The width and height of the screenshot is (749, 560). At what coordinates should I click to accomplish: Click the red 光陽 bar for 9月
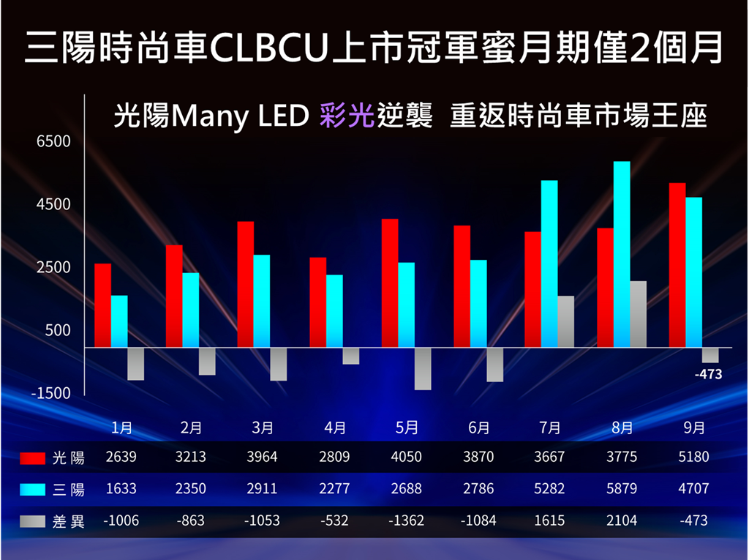tap(677, 265)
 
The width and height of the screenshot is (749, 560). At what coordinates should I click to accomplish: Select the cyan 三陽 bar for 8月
tap(622, 254)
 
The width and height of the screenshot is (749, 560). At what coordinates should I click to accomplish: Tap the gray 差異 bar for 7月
tap(565, 321)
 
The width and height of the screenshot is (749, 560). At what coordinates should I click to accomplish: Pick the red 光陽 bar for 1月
tap(103, 305)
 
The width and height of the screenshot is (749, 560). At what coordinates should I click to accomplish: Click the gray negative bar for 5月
tap(423, 368)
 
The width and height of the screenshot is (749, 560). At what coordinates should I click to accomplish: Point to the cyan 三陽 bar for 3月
tap(261, 301)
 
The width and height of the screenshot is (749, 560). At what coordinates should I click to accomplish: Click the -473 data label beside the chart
tap(708, 374)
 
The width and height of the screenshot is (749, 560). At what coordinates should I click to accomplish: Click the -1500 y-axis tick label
tap(51, 393)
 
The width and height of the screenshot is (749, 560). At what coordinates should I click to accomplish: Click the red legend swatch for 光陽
tap(33, 458)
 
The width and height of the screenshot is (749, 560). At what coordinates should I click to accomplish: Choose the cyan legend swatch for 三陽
tap(33, 489)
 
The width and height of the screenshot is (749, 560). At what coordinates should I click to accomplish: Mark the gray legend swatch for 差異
tap(33, 521)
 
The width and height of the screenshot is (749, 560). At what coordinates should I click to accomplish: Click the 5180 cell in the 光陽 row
tap(693, 458)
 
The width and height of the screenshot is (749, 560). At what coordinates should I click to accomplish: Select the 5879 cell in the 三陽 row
tap(622, 489)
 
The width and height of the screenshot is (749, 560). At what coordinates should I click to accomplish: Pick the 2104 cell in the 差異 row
tap(622, 520)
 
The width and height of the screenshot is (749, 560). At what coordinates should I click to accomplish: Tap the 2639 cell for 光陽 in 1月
tap(121, 458)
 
